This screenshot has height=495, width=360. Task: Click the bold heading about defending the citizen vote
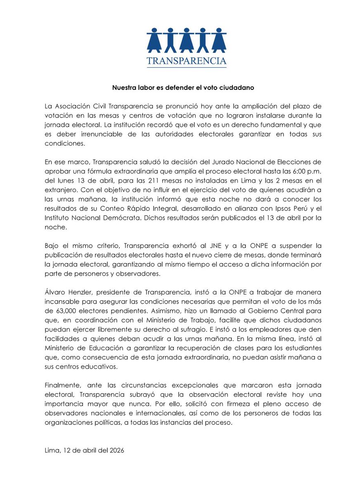(x=180, y=88)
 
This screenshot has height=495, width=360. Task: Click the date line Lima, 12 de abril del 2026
(x=84, y=450)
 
